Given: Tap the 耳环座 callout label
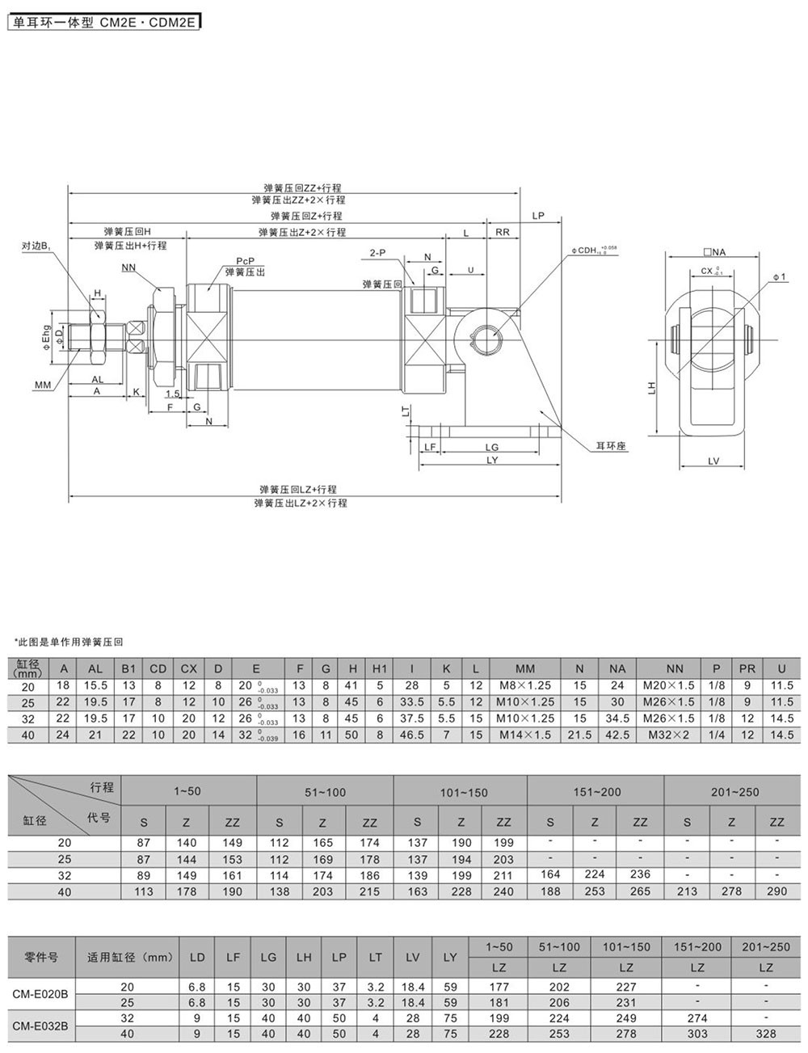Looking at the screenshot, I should tap(611, 445).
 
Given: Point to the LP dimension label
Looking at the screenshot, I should tap(539, 216).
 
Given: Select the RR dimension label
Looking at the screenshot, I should tap(502, 232).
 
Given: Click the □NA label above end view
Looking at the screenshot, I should tap(714, 253).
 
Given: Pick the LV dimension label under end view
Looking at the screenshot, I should tap(713, 461).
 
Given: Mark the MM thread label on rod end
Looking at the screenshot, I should tap(43, 385).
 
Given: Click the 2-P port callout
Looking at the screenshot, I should tap(377, 253).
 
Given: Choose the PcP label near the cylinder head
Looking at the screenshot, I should tap(246, 261).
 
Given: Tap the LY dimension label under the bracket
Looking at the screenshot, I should tap(492, 460).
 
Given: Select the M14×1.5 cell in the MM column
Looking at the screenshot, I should tap(524, 735).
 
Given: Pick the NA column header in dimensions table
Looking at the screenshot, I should tap(617, 668).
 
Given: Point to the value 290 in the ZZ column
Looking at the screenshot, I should tap(776, 891).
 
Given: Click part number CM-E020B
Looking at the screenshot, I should tap(41, 996).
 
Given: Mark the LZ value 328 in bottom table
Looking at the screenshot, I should tap(765, 1034).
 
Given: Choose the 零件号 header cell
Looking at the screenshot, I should tap(41, 958).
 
